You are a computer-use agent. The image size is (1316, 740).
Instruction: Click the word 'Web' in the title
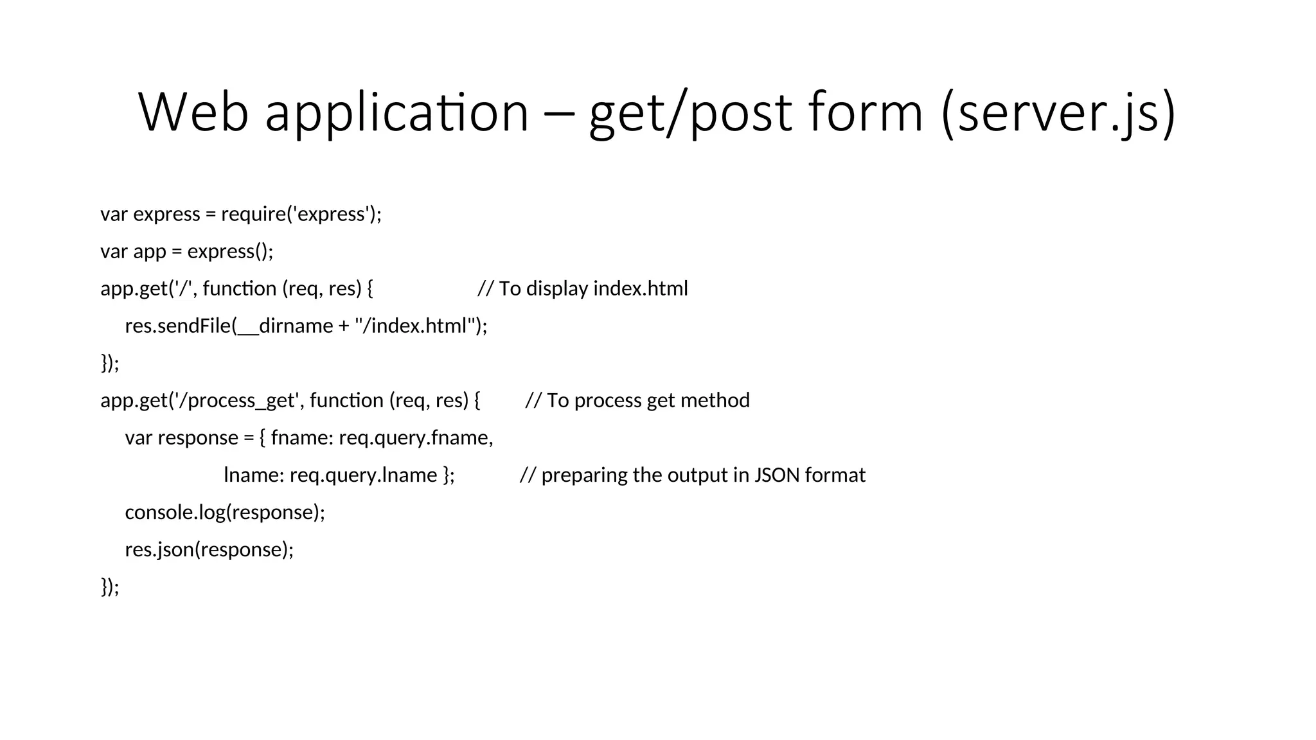[x=193, y=112]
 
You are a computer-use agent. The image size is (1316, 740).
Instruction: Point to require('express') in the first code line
[x=299, y=213]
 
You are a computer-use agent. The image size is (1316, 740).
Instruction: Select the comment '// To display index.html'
[x=582, y=288]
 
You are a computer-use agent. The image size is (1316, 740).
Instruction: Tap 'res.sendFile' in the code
[x=178, y=326]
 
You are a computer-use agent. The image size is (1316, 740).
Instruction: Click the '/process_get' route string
[x=237, y=400]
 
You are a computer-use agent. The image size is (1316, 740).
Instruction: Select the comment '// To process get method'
[x=637, y=400]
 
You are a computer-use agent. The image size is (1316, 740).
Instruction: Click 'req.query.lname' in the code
[x=363, y=475]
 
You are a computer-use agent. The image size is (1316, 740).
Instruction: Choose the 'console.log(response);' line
[x=225, y=512]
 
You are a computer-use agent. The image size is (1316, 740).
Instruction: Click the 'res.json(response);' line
[x=209, y=549]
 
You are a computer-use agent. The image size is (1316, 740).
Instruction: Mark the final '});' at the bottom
[x=110, y=586]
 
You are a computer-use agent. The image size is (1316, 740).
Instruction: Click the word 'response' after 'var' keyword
[x=198, y=437]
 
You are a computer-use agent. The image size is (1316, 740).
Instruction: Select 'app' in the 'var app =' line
[x=149, y=251]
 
